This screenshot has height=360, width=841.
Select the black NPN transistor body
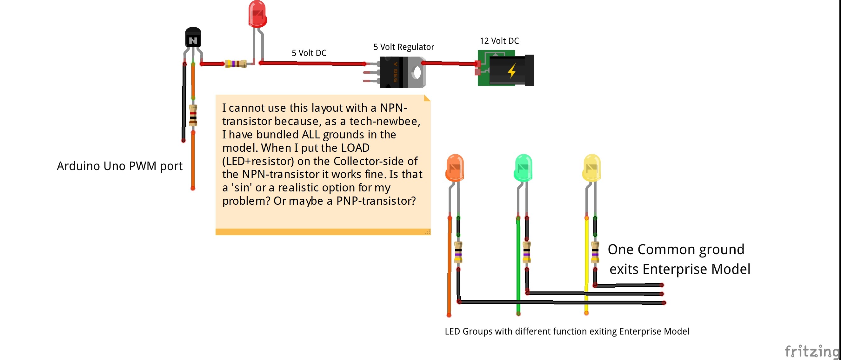(x=193, y=38)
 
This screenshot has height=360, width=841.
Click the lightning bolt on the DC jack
(x=511, y=70)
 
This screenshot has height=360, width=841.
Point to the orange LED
(x=454, y=168)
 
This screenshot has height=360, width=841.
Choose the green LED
(x=523, y=168)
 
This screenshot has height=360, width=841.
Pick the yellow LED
(x=591, y=168)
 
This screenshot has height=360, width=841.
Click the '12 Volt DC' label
(x=499, y=41)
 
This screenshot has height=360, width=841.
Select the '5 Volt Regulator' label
(x=404, y=47)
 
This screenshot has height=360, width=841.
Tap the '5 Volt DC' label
(x=309, y=53)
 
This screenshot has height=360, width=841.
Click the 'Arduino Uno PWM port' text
(x=119, y=166)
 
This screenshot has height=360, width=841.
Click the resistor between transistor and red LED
(x=236, y=63)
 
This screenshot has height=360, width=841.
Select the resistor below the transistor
(x=193, y=115)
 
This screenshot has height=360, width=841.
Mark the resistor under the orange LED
(x=458, y=252)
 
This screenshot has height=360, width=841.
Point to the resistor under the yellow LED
(x=595, y=252)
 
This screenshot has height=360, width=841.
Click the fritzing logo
(x=811, y=351)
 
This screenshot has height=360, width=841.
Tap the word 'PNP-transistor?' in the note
(x=376, y=201)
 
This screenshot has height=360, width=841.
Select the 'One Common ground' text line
(x=676, y=249)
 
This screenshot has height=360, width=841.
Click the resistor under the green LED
(x=527, y=252)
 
